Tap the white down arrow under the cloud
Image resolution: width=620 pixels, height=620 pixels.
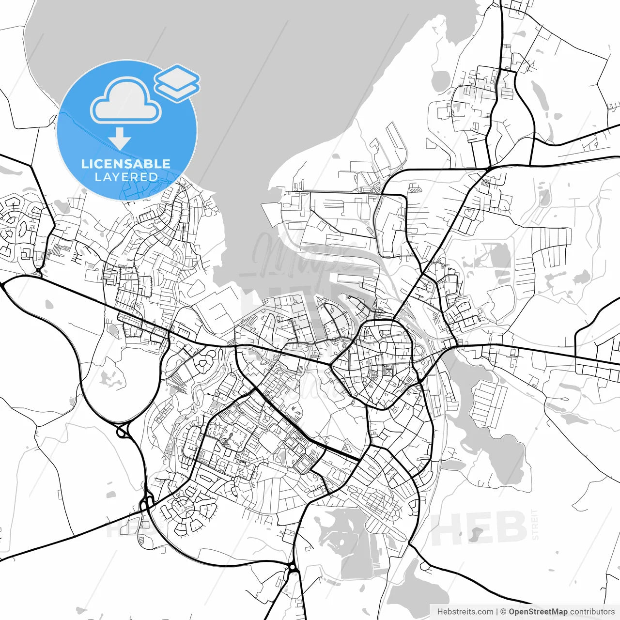tap(120, 139)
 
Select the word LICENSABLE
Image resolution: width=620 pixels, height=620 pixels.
tap(126, 164)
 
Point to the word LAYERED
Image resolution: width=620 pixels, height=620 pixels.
tap(126, 177)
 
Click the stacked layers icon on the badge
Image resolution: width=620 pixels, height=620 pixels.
tap(177, 82)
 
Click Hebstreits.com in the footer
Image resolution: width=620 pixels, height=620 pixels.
tap(465, 612)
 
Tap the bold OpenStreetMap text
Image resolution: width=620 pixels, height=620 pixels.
tap(538, 612)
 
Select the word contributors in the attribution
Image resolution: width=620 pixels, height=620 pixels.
tap(592, 612)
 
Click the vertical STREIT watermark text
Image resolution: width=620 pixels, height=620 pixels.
tap(535, 524)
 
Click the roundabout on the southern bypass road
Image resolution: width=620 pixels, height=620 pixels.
tap(292, 567)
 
